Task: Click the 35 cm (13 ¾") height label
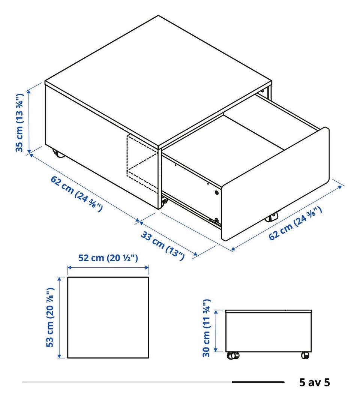(20, 123)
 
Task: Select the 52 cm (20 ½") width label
(108, 258)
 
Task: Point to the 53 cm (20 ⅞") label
(50, 317)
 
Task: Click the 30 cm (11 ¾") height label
(207, 328)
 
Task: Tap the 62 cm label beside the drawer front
(295, 223)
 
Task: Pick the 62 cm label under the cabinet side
(76, 194)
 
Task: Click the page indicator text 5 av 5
(315, 382)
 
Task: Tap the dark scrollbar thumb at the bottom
(258, 382)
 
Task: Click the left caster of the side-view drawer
(233, 355)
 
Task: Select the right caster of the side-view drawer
(305, 355)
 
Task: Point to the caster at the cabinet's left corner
(58, 153)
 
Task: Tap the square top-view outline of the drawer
(108, 277)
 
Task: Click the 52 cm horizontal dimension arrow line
(108, 268)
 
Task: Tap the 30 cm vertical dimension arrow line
(216, 331)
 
